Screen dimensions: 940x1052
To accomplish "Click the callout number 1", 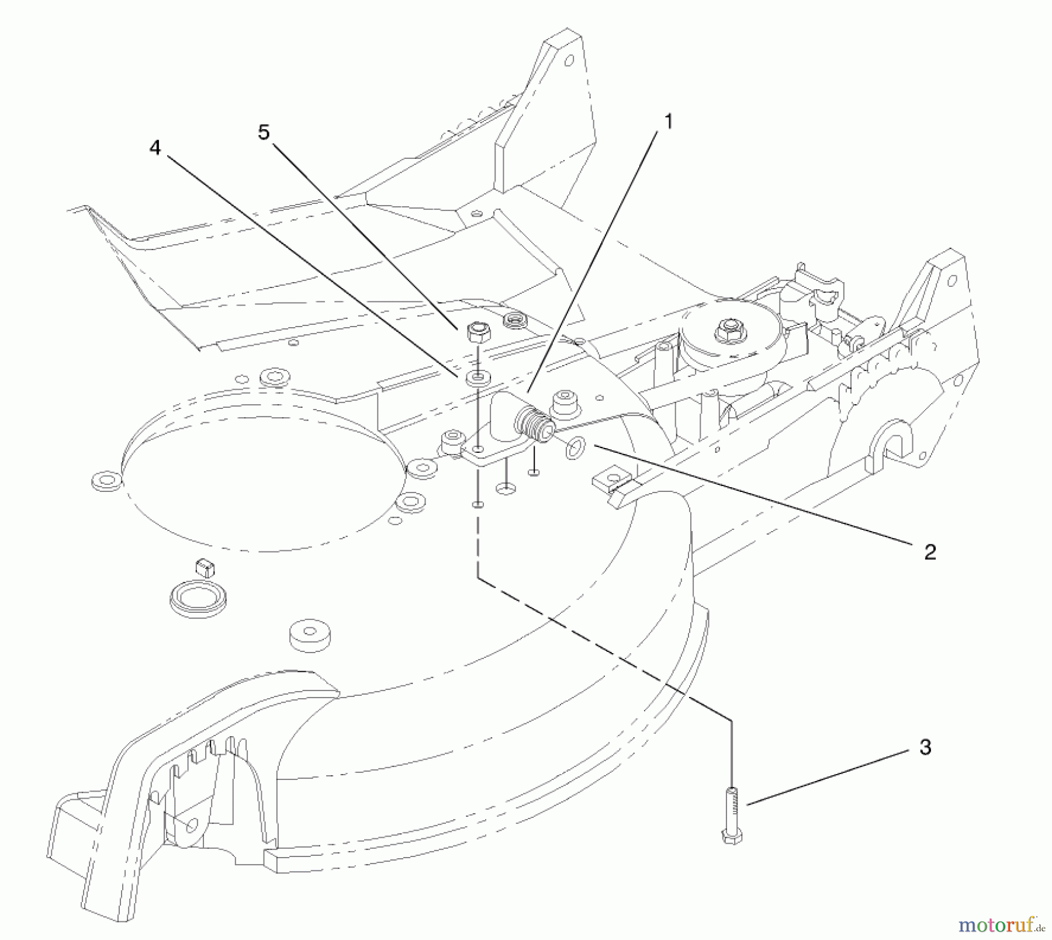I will point(668,122).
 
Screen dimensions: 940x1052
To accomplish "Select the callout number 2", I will point(930,552).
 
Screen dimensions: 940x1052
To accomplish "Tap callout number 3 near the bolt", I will point(925,747).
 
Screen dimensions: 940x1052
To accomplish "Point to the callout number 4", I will point(154,148).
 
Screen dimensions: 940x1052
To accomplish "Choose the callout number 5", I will point(264,133).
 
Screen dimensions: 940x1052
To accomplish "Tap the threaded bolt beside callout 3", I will point(733,815).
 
